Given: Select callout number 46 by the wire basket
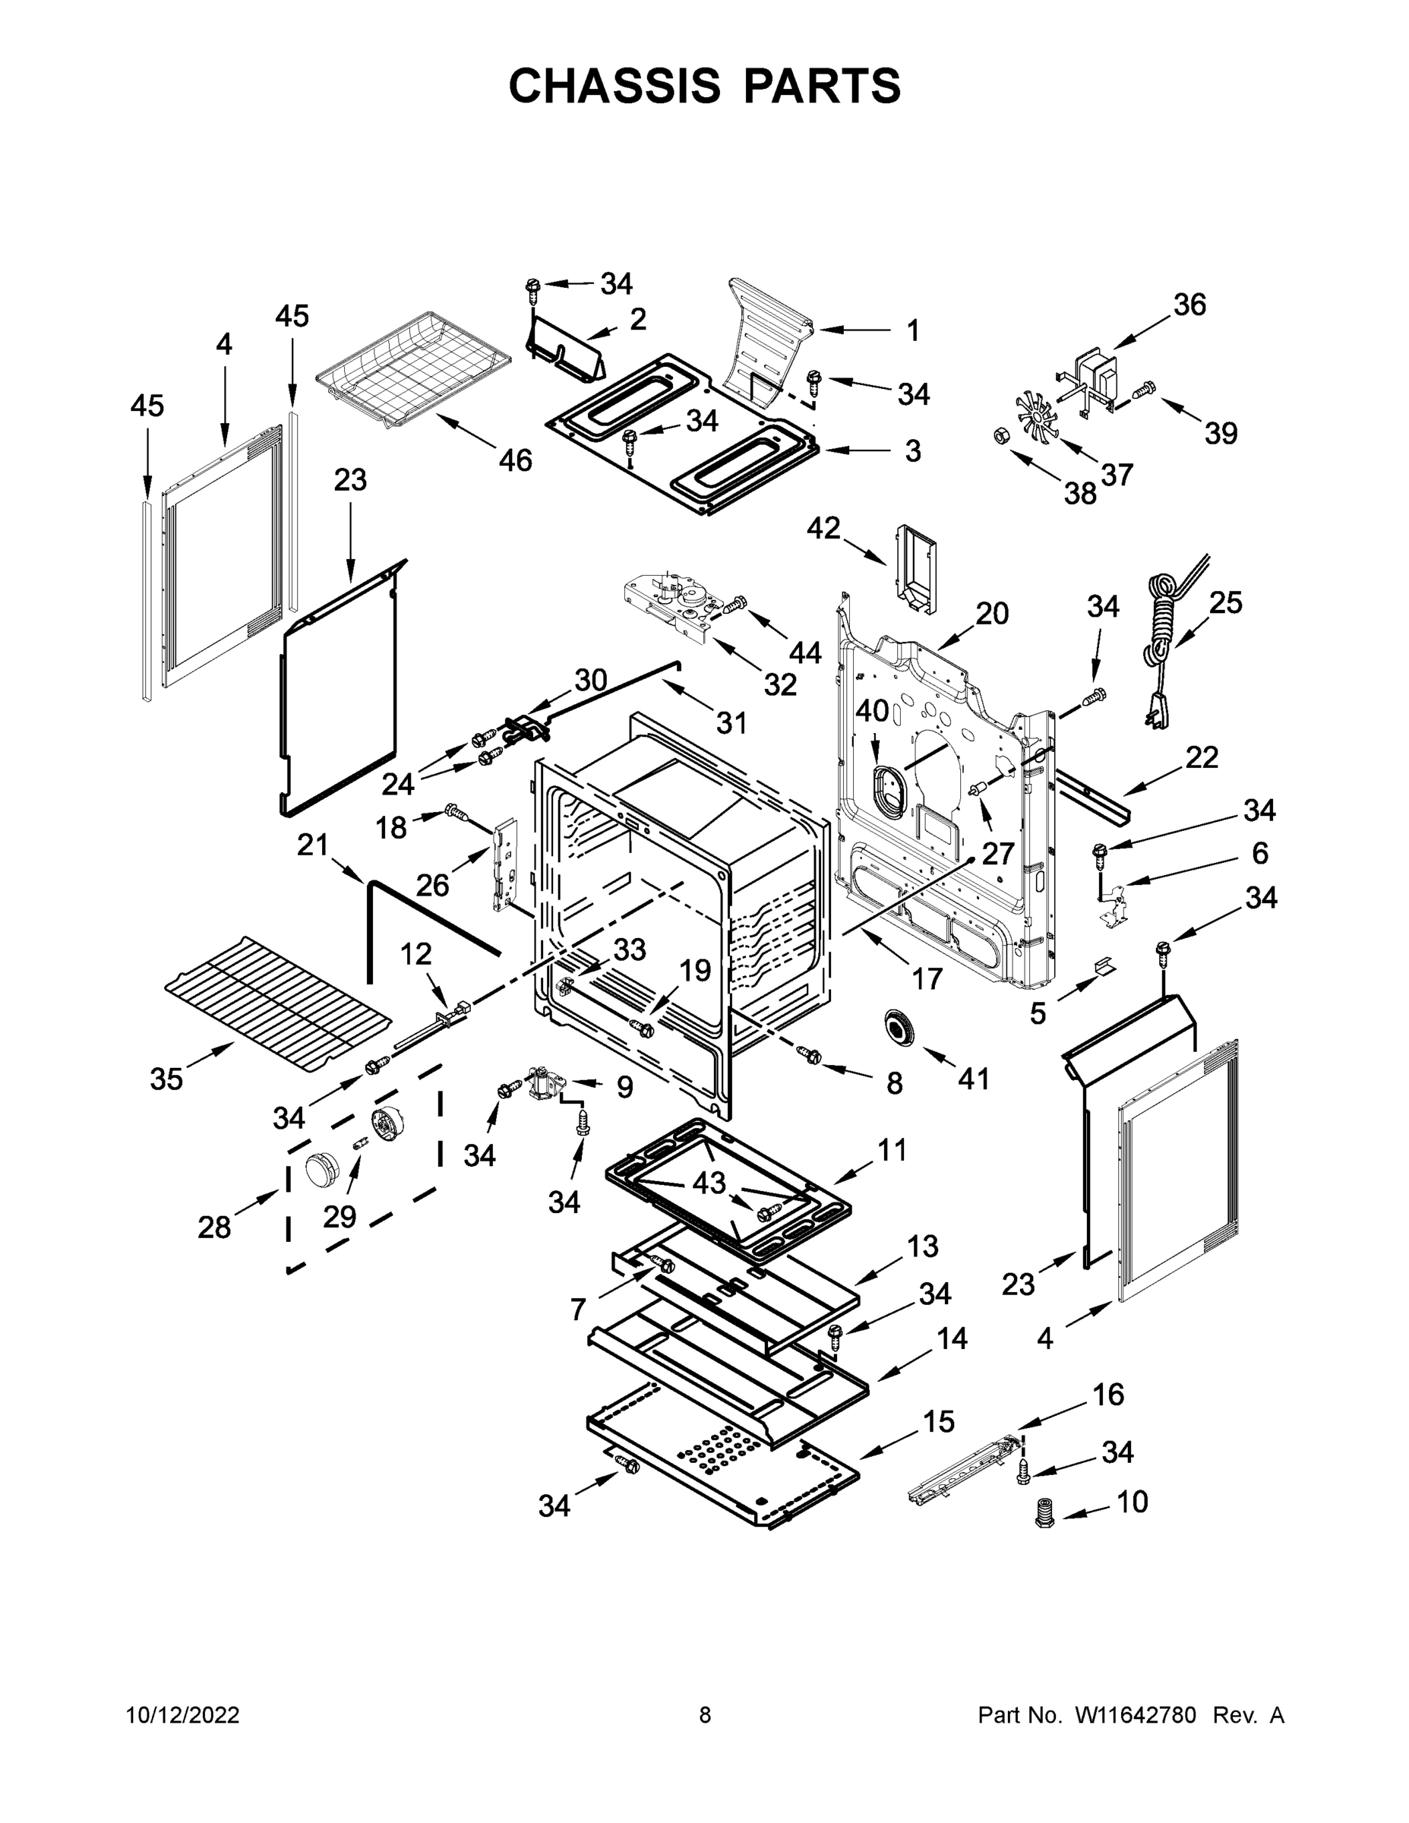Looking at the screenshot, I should click(x=515, y=460).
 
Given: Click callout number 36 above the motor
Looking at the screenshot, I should click(x=1189, y=305).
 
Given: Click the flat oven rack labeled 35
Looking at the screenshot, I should click(x=276, y=1003).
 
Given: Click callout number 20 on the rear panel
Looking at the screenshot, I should click(x=993, y=614).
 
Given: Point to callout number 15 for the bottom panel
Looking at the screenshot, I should click(x=939, y=1420).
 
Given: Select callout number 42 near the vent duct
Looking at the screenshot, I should click(x=824, y=529).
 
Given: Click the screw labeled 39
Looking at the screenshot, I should click(x=1145, y=390).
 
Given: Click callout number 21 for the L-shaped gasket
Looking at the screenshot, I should click(x=313, y=845).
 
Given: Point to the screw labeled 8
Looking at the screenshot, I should click(x=810, y=1055).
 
